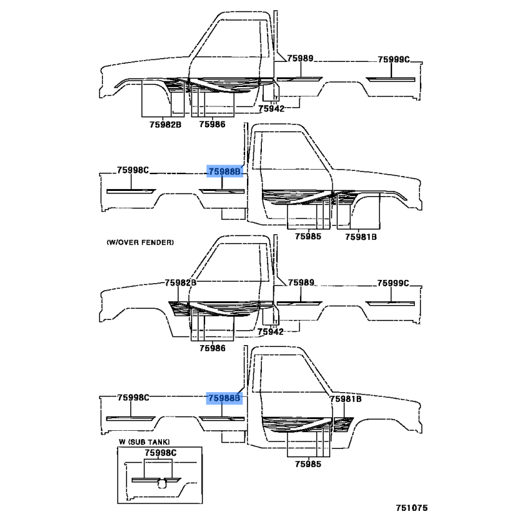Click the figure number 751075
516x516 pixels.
tap(412, 508)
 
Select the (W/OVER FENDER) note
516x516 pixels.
tap(140, 243)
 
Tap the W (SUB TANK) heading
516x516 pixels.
tap(144, 442)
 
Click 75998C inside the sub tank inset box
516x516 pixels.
tap(161, 453)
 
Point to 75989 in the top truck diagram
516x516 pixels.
tap(300, 58)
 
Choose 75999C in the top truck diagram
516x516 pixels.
tap(393, 59)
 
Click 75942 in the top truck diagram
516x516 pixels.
tap(271, 108)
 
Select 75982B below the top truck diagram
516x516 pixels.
tap(165, 124)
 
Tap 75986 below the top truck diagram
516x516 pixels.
tap(212, 124)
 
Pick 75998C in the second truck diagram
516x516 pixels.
tap(133, 170)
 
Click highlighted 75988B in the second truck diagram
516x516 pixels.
tap(224, 172)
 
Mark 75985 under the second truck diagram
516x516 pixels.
tap(308, 237)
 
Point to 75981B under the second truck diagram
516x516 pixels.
tap(361, 237)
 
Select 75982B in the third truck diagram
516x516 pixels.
tap(181, 283)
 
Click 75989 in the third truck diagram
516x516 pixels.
tap(301, 283)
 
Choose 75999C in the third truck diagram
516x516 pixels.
tap(393, 283)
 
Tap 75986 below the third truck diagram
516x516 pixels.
tap(212, 348)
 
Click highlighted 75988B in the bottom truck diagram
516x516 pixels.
tap(224, 399)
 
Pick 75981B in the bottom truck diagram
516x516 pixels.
tap(346, 399)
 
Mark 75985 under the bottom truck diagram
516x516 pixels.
tap(308, 464)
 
